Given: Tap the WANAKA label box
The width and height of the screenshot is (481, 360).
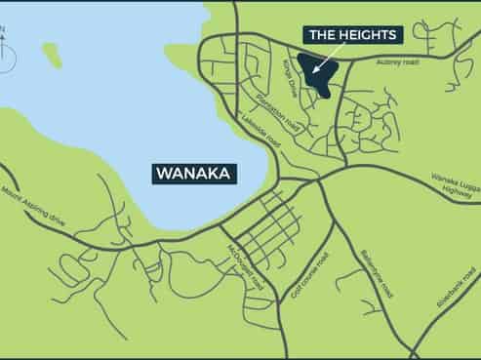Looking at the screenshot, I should coord(196,174).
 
